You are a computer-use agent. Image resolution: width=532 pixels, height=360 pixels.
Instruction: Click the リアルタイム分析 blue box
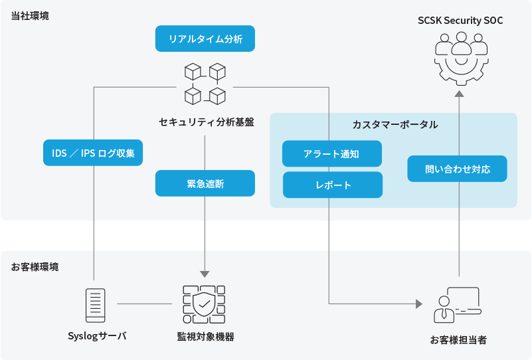pyautogui.click(x=205, y=39)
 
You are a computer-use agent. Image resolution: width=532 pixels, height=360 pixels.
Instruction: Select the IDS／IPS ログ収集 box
pyautogui.click(x=93, y=153)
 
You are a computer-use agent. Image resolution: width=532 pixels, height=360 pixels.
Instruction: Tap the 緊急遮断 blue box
pyautogui.click(x=205, y=184)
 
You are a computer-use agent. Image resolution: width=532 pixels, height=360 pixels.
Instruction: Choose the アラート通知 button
pyautogui.click(x=332, y=154)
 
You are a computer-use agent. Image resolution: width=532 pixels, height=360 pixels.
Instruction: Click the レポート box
pyautogui.click(x=333, y=185)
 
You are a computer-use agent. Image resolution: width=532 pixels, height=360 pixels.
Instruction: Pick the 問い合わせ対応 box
pyautogui.click(x=457, y=169)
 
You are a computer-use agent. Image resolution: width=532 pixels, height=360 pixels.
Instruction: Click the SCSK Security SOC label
pyautogui.click(x=460, y=21)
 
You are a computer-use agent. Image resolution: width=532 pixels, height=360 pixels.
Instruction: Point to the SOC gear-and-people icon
pyautogui.click(x=460, y=58)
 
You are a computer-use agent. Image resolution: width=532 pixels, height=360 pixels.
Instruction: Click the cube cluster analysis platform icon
pyautogui.click(x=205, y=84)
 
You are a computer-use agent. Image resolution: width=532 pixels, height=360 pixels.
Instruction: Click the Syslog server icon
pyautogui.click(x=96, y=305)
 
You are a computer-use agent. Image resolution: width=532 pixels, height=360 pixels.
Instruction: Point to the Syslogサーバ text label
pyautogui.click(x=97, y=336)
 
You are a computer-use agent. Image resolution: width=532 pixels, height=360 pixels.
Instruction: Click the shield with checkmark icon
pyautogui.click(x=205, y=305)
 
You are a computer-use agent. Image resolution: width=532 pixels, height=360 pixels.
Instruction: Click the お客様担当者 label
pyautogui.click(x=458, y=340)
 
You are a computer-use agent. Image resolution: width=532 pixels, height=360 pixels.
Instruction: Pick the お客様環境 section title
pyautogui.click(x=35, y=267)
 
